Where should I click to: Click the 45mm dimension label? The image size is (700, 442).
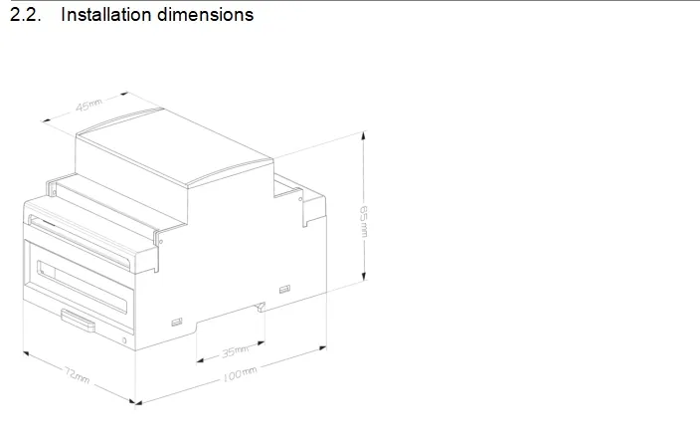pos(88,106)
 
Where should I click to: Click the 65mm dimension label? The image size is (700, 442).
pos(364,222)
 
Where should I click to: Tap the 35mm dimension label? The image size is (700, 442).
pos(235,351)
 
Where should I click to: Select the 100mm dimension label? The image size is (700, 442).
pos(241,374)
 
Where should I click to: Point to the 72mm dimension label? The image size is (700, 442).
pos(78,374)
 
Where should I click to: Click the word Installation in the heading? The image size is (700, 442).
pos(106,14)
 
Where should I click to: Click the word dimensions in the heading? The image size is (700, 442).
pos(206,14)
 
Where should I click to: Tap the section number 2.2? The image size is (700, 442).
pos(26,14)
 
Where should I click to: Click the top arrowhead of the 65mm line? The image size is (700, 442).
pos(364,135)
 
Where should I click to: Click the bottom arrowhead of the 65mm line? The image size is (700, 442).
pos(364,276)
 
